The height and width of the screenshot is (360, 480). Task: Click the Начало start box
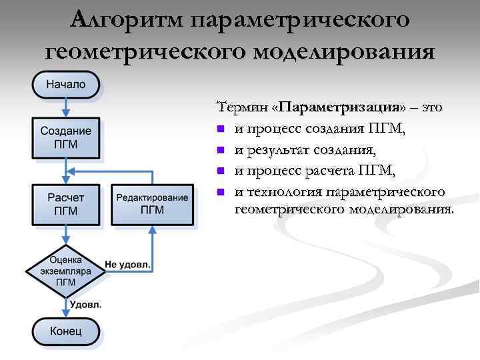[x=66, y=85]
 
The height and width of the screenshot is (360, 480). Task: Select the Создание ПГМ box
[x=66, y=137]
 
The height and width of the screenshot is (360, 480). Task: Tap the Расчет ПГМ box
[x=66, y=204]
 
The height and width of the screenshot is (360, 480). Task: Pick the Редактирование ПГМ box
[x=152, y=204]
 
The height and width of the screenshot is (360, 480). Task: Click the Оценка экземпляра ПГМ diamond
[x=66, y=271]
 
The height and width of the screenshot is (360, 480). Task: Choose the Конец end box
[x=66, y=331]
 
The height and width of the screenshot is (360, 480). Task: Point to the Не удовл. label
[x=128, y=265]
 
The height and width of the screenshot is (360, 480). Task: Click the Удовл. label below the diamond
[x=87, y=305]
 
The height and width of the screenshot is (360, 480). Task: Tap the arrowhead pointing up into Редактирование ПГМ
[x=152, y=229]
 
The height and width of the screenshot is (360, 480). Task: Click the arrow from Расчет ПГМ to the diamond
[x=66, y=235]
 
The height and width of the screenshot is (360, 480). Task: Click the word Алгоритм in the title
[x=127, y=20]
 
